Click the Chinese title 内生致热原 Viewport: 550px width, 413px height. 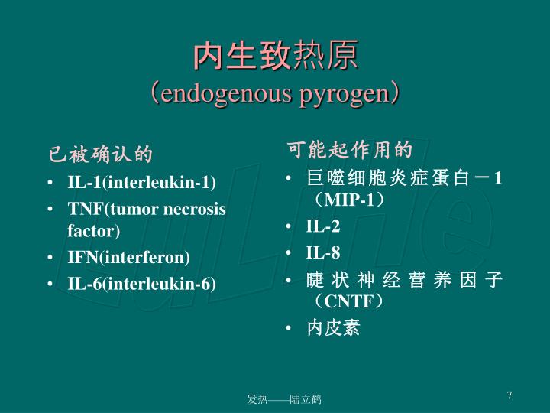click(x=274, y=57)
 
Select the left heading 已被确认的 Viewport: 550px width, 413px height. click(x=101, y=155)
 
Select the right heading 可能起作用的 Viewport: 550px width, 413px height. click(x=350, y=148)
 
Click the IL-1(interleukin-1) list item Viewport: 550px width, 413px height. click(x=142, y=183)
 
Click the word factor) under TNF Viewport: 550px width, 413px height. click(x=94, y=229)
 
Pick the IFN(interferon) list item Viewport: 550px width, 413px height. click(x=129, y=257)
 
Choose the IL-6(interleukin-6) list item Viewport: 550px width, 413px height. click(x=142, y=284)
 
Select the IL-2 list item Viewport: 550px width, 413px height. click(x=323, y=226)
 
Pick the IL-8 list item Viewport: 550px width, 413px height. click(x=323, y=253)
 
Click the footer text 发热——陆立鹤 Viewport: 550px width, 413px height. click(x=284, y=400)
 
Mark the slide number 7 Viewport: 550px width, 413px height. click(x=510, y=395)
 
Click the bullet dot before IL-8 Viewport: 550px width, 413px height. click(x=289, y=254)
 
